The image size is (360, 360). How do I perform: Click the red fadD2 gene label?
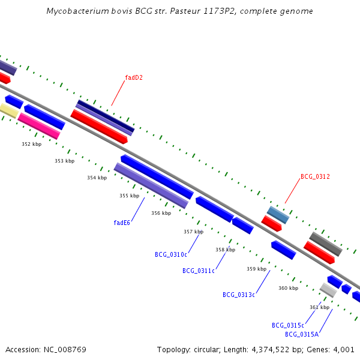click(x=134, y=77)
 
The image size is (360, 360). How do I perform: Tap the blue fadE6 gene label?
click(x=122, y=223)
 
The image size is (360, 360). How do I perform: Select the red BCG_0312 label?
click(x=315, y=176)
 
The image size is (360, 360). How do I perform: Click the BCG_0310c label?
click(x=171, y=254)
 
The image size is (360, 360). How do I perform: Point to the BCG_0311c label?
click(x=199, y=271)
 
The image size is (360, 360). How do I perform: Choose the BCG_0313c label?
click(x=239, y=295)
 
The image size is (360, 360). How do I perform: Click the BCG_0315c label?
click(x=288, y=325)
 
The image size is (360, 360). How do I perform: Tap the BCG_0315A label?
click(x=302, y=334)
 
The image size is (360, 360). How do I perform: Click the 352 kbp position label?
click(x=32, y=144)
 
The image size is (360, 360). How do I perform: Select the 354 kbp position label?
click(x=97, y=178)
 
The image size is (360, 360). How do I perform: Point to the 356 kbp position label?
click(x=161, y=213)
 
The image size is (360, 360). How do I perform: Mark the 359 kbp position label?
click(x=256, y=269)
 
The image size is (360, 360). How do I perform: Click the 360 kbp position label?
click(x=289, y=288)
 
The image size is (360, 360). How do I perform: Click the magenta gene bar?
click(x=39, y=126)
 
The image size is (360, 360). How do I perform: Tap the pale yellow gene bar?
click(x=9, y=110)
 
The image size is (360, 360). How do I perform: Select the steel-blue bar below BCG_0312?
click(x=278, y=215)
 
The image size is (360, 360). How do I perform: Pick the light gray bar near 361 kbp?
click(x=328, y=290)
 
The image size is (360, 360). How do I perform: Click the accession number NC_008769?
click(x=65, y=350)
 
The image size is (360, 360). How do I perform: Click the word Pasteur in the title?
click(x=185, y=11)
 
